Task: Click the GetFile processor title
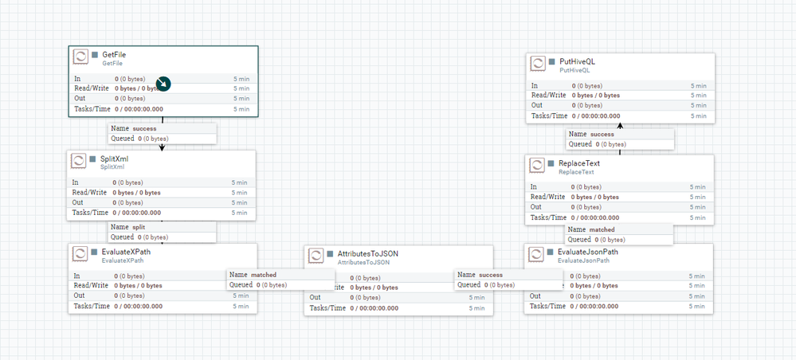(114, 54)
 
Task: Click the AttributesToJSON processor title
(367, 253)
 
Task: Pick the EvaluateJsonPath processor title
(587, 252)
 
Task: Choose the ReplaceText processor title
(578, 163)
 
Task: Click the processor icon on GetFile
(80, 57)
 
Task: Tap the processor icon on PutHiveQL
(539, 64)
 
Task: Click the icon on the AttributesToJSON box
(316, 256)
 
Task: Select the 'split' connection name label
(139, 227)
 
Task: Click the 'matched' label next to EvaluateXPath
(264, 275)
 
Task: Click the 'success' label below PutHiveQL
(602, 135)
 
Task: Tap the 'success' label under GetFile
(144, 127)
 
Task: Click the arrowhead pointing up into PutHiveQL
(619, 126)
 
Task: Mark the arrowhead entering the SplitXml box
(162, 147)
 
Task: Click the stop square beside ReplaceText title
(551, 163)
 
